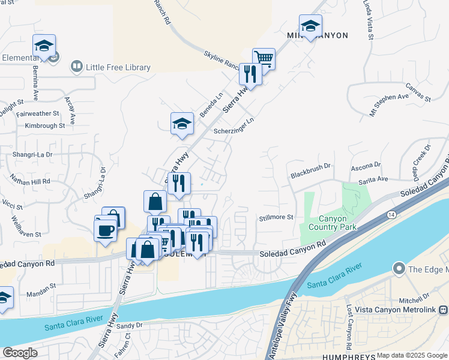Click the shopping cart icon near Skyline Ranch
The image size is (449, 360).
(x=264, y=59)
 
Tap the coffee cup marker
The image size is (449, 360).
(x=106, y=230)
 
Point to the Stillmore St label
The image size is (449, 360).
(x=276, y=217)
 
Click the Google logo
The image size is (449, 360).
(x=19, y=352)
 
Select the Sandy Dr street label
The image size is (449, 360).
(x=130, y=326)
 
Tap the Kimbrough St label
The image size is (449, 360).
(x=44, y=126)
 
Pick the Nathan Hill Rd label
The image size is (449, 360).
(x=29, y=179)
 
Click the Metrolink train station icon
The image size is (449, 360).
(x=443, y=310)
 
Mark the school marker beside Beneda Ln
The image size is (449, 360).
(x=182, y=124)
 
